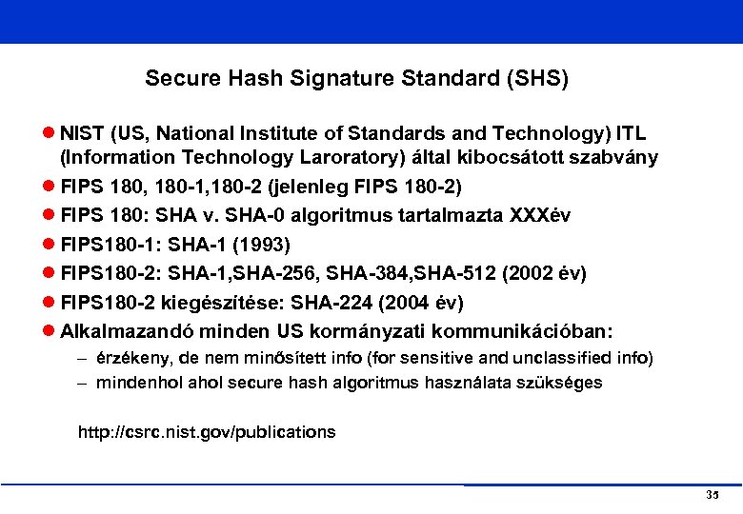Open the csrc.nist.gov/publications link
[207, 432]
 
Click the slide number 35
[713, 496]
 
